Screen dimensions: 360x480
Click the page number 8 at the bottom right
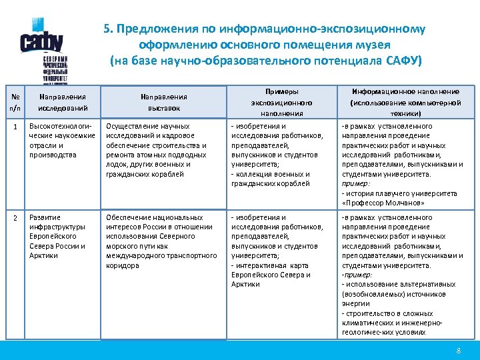[x=458, y=351]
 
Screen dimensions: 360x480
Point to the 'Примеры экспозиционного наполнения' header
[x=281, y=102]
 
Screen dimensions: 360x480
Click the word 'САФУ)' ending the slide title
[x=404, y=61]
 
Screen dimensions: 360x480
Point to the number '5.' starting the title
[x=109, y=29]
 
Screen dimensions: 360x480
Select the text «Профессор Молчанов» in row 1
[x=383, y=203]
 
